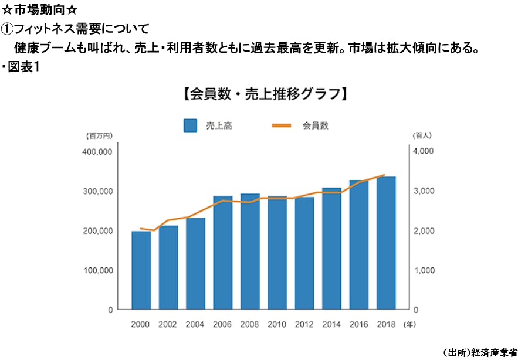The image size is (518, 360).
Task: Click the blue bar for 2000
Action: pyautogui.click(x=141, y=270)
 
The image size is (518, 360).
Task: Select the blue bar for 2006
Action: pyautogui.click(x=223, y=253)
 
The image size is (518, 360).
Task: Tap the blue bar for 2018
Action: pyautogui.click(x=386, y=243)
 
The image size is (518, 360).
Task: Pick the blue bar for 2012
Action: pyautogui.click(x=304, y=253)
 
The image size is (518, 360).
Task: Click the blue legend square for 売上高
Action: pyautogui.click(x=189, y=125)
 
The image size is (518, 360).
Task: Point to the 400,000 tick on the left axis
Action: pyautogui.click(x=96, y=151)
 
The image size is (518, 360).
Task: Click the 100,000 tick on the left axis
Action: pyautogui.click(x=96, y=270)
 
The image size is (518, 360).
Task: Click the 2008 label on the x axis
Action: pyautogui.click(x=250, y=324)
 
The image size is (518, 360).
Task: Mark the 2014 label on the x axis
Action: pyautogui.click(x=331, y=324)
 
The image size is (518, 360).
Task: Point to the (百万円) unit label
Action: pyautogui.click(x=99, y=136)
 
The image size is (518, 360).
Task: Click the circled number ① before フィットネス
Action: pyautogui.click(x=7, y=28)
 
